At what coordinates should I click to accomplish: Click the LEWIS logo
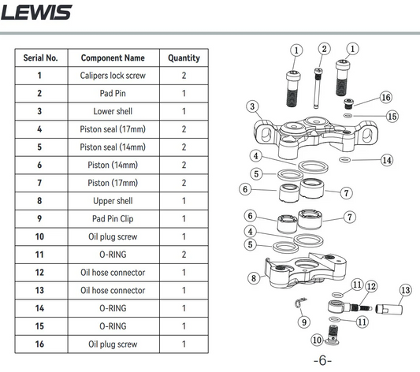36,13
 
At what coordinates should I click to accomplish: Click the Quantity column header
184,58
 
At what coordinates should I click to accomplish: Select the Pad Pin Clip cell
113,218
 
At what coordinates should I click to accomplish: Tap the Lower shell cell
113,111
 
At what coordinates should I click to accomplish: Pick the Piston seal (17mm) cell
113,129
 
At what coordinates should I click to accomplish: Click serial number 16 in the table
39,344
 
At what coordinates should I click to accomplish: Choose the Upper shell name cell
113,201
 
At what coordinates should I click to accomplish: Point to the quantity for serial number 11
184,255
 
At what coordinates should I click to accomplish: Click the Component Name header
113,58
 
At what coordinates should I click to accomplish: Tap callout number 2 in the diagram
325,49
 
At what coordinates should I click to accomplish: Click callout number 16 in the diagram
386,97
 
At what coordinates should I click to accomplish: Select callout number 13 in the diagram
406,290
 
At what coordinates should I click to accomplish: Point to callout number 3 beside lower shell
252,106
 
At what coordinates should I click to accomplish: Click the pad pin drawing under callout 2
318,88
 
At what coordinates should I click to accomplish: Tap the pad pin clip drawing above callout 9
300,303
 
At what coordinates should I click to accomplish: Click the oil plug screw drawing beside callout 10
333,334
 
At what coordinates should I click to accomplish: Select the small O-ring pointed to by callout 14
344,160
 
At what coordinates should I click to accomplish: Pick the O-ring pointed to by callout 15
348,116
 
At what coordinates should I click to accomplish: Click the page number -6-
322,360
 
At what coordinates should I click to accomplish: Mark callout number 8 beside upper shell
254,278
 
